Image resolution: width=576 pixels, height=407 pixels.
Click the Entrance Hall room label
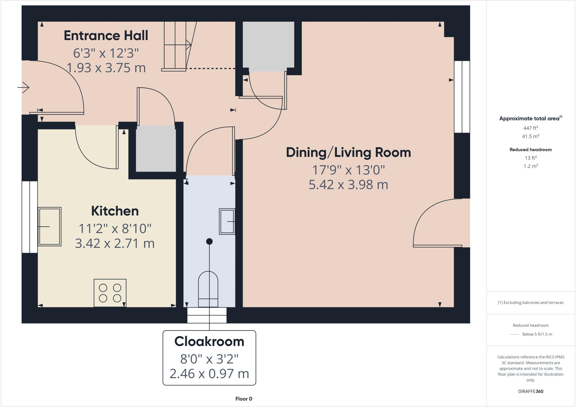(106, 36)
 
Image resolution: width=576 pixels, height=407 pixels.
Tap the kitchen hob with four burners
(110, 293)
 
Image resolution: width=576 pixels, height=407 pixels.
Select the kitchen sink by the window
(49, 227)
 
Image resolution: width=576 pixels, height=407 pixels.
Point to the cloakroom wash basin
(227, 222)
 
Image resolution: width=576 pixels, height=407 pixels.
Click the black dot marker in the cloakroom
(209, 241)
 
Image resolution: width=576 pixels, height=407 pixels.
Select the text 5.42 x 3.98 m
(348, 185)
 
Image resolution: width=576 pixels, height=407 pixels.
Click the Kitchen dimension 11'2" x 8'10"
(115, 229)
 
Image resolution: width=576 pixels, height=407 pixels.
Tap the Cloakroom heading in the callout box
(209, 342)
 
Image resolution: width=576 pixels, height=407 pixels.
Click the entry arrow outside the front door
(24, 88)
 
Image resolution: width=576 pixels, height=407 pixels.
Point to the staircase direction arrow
(188, 44)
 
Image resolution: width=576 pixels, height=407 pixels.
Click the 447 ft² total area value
(530, 128)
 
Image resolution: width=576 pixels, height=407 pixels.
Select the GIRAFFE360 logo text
(530, 392)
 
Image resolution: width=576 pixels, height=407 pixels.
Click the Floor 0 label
(244, 399)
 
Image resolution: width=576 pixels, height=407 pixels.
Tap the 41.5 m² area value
(530, 137)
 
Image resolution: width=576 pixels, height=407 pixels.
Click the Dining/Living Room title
(348, 153)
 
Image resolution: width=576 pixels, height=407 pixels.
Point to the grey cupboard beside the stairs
(268, 45)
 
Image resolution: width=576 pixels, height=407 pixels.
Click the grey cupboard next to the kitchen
(156, 149)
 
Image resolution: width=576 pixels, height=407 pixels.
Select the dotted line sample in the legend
(514, 334)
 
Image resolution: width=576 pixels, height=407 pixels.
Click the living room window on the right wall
(462, 97)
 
